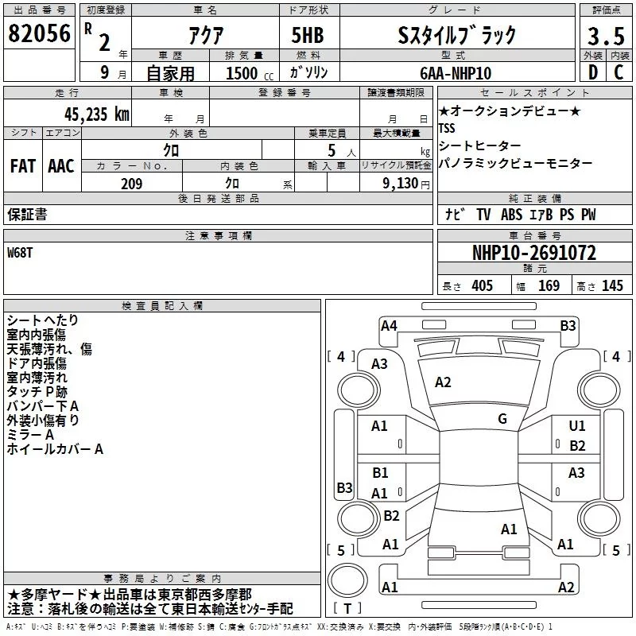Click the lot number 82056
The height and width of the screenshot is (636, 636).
(x=39, y=33)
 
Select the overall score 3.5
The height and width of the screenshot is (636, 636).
(x=606, y=36)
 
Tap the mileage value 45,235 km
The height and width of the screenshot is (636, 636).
(x=96, y=114)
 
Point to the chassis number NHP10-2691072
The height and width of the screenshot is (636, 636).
(x=534, y=253)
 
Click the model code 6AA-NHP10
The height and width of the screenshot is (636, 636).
(x=456, y=73)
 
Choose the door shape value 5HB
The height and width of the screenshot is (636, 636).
(x=308, y=35)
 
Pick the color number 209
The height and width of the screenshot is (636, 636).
(x=131, y=184)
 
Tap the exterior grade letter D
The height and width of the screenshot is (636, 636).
(x=593, y=72)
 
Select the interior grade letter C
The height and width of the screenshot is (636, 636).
(x=619, y=72)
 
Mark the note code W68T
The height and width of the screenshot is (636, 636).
(x=19, y=253)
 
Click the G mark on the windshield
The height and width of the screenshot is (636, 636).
(x=502, y=418)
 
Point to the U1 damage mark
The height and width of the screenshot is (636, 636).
(x=577, y=425)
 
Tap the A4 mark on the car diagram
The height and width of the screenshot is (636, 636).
(x=389, y=326)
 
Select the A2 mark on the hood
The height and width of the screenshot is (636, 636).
(x=443, y=382)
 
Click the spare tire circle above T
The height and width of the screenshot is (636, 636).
(x=347, y=580)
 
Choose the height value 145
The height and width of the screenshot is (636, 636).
(x=612, y=285)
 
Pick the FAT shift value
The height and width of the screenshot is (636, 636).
(x=23, y=166)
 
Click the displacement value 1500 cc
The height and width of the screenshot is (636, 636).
(x=250, y=73)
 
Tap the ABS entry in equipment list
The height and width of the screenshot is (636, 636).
(x=511, y=215)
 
